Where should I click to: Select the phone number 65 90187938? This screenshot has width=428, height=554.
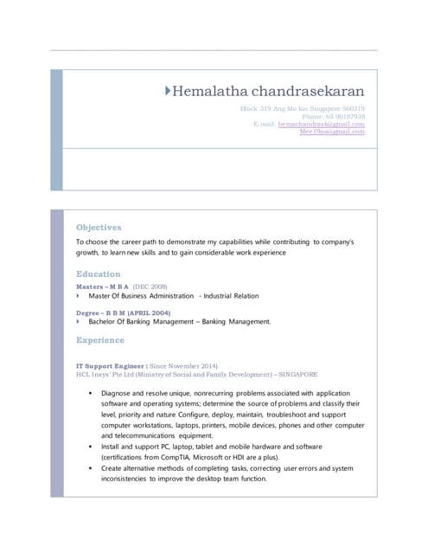(x=340, y=116)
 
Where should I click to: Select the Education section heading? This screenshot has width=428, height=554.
(x=98, y=274)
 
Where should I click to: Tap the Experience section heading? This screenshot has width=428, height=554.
(x=100, y=340)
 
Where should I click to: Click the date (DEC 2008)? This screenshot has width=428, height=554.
(x=150, y=286)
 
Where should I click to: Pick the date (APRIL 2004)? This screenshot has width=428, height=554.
(x=149, y=312)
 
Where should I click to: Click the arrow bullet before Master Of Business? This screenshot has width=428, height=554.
(x=79, y=296)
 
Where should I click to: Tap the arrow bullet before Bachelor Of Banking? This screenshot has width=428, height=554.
(x=79, y=321)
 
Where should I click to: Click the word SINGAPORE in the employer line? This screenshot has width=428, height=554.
(x=297, y=375)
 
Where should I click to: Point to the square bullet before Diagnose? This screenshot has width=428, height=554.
(x=91, y=393)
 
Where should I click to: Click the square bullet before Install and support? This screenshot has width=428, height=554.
(x=91, y=447)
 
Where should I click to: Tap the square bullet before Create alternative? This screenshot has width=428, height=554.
(x=91, y=468)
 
